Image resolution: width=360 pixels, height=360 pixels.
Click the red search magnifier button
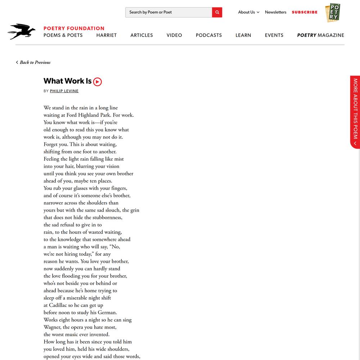pos(217,12)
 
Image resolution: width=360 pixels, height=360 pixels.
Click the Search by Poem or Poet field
pos(168,12)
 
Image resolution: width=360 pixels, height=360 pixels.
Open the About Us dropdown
pos(248,12)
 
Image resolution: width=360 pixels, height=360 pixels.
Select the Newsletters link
pos(275,12)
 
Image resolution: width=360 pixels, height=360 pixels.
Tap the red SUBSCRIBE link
pos(305,12)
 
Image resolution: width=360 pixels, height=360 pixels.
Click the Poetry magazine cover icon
pos(333,13)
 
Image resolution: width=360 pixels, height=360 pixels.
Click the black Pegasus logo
pos(21,31)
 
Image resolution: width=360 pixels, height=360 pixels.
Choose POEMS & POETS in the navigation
pos(63,35)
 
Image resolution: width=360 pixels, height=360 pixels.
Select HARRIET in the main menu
pos(107,35)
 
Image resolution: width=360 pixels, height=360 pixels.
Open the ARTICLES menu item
pos(141,35)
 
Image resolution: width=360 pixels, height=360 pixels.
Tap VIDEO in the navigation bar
pos(174,35)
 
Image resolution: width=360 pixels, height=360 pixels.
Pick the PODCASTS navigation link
pos(209,35)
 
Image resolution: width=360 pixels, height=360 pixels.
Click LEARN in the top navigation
pos(243,35)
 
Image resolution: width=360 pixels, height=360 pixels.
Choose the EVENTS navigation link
pos(274,35)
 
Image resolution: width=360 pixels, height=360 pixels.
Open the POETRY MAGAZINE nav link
pos(320,35)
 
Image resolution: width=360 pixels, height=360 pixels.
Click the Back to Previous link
pos(33,62)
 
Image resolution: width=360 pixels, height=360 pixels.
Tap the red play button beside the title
pos(98,82)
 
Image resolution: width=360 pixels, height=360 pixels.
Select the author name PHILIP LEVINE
pos(64,91)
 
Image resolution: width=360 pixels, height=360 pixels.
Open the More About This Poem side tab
pos(355,112)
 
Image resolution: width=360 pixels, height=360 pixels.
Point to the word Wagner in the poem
pos(53,327)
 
